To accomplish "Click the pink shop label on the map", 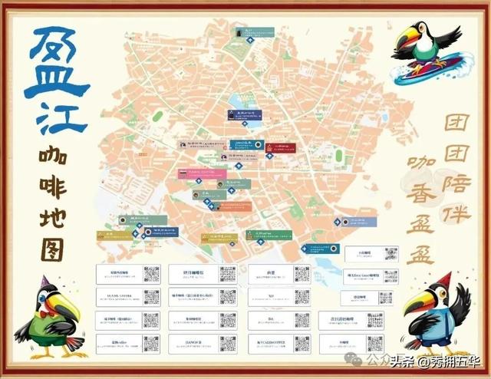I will [x=193, y=173].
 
